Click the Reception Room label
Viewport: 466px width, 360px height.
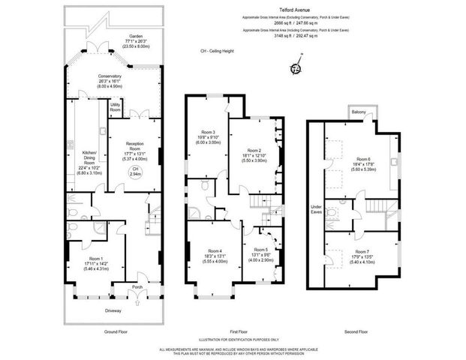(135, 145)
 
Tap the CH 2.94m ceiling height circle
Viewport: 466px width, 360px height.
(136, 171)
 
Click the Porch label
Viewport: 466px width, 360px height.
(137, 285)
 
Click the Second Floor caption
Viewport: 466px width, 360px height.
(356, 331)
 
